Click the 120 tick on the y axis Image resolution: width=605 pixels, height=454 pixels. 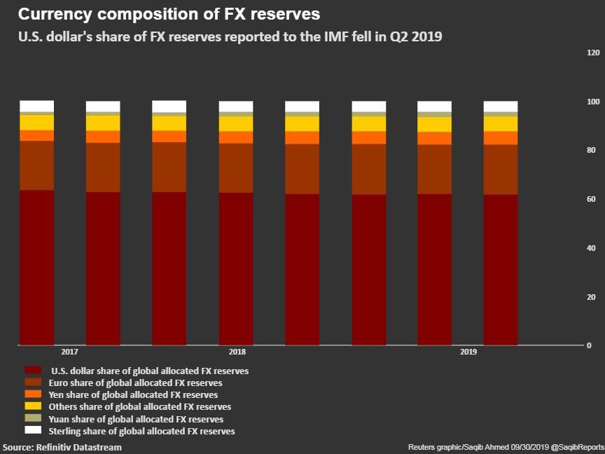[x=593, y=53]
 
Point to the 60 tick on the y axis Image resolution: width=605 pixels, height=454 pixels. [x=591, y=200]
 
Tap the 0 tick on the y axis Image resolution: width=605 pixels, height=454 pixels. [x=590, y=345]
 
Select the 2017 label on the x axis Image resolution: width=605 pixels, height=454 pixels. [x=69, y=352]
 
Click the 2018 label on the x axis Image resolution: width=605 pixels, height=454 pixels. [x=237, y=352]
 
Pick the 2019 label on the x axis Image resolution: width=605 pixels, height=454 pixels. [x=468, y=352]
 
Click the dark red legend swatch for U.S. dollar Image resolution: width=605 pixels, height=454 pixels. [x=33, y=370]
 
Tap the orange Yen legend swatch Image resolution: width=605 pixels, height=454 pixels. [x=33, y=394]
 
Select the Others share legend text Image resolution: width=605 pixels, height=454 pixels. [x=139, y=406]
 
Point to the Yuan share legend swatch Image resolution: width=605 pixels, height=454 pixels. [x=33, y=418]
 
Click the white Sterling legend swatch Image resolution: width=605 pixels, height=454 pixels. [x=33, y=430]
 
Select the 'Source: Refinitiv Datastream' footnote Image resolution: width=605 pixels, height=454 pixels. [x=62, y=447]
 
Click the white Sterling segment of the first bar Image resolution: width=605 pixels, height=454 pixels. [x=37, y=106]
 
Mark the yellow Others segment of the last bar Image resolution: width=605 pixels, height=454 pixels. [x=501, y=123]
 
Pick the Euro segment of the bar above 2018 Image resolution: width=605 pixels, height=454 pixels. [x=236, y=168]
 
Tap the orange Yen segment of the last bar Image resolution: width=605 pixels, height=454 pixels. [x=501, y=138]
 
